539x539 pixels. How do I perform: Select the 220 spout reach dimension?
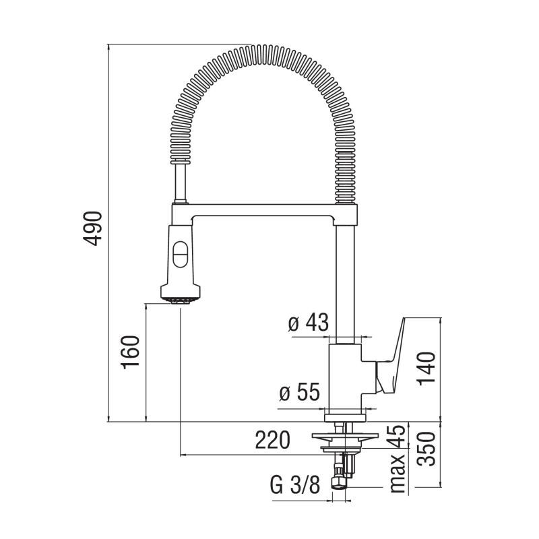click(x=272, y=440)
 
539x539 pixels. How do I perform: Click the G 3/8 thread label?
click(x=295, y=485)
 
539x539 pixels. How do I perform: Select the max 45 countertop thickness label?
click(x=398, y=458)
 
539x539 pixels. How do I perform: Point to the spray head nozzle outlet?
click(x=180, y=299)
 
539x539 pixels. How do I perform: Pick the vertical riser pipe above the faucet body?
click(x=344, y=283)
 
